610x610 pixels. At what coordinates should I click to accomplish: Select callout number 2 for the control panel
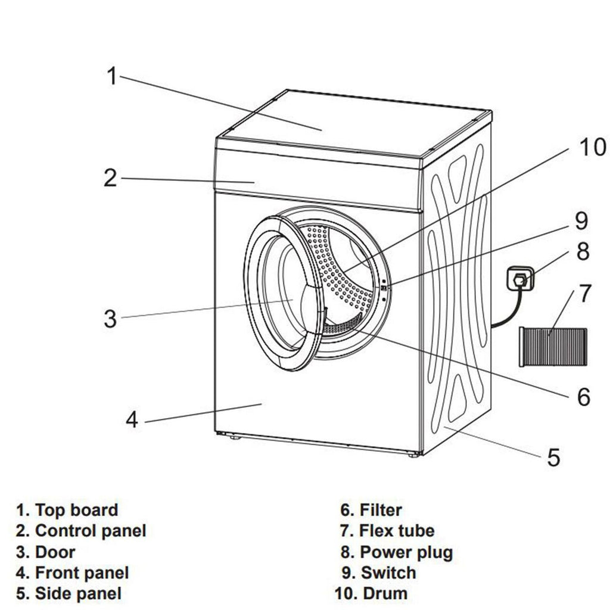[110, 178]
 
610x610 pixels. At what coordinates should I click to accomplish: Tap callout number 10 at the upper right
[592, 147]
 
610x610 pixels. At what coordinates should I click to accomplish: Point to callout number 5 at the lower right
[553, 457]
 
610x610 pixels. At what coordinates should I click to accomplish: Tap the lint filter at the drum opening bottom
[342, 325]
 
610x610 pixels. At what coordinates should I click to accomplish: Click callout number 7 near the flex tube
[584, 294]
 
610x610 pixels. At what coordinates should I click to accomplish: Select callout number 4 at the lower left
[132, 419]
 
